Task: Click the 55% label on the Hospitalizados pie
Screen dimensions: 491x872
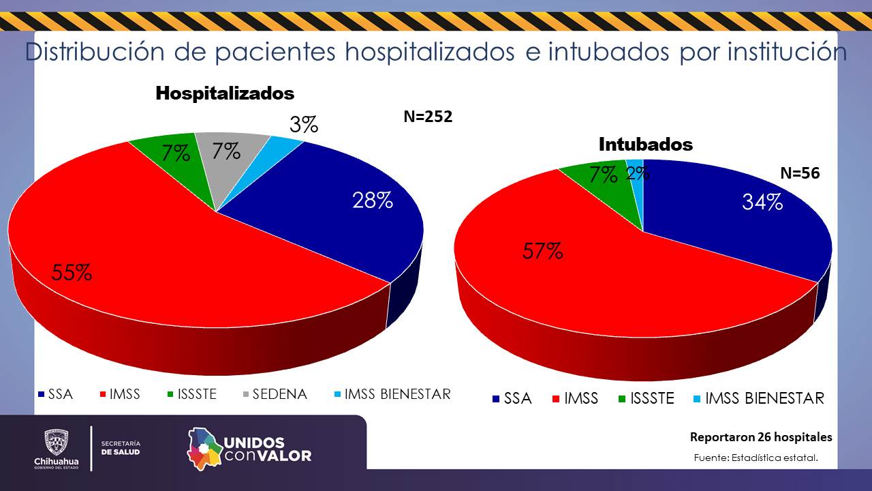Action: click(x=72, y=273)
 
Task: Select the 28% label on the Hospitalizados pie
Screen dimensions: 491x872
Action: click(x=372, y=200)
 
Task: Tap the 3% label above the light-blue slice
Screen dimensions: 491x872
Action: click(x=304, y=125)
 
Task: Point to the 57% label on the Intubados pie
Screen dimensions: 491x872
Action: click(x=543, y=252)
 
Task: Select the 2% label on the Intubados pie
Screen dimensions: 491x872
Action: click(x=638, y=174)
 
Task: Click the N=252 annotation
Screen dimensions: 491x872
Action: click(x=428, y=117)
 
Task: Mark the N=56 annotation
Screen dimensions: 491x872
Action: click(x=800, y=174)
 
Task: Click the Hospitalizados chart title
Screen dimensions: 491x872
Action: click(x=225, y=93)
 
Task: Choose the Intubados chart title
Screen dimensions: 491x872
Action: click(x=646, y=145)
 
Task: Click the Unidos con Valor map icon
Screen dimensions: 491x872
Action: click(x=205, y=448)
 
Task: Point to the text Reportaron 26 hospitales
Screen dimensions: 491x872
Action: click(x=761, y=437)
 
